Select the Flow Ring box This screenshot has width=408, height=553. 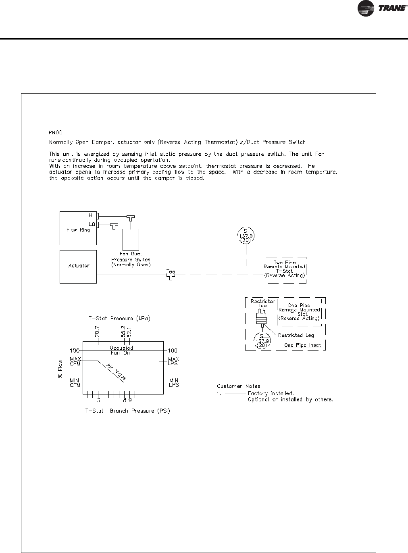78,228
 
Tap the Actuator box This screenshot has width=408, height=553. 78,266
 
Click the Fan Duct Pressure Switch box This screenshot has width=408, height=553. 131,240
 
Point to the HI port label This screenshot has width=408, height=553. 91,216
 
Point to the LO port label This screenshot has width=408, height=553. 91,223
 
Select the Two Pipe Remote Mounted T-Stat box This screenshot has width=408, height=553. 284,269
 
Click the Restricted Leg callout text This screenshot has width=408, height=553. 296,335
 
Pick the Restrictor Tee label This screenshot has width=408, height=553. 262,303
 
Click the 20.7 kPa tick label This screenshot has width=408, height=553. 98,332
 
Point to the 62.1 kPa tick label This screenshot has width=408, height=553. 129,332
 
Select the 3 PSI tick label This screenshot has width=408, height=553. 98,401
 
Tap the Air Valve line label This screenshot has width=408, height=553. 116,371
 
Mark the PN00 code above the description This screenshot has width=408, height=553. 56,132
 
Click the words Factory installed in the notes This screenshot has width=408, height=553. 271,393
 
